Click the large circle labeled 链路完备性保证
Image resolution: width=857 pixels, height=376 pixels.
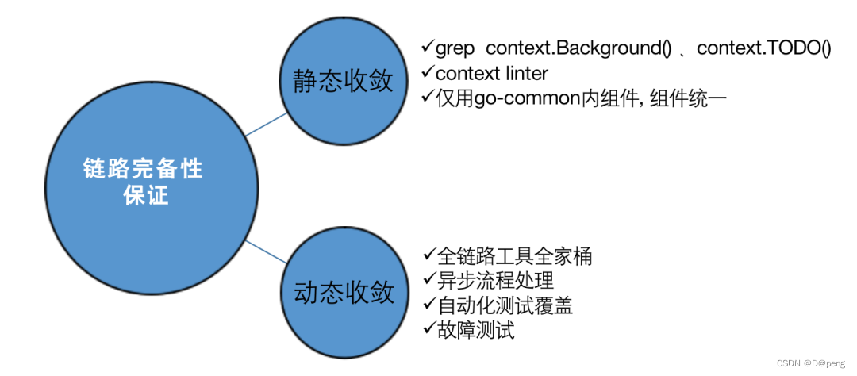[143, 182]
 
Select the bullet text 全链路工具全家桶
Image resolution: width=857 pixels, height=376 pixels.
[513, 255]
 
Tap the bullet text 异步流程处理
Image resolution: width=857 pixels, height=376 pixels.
[494, 280]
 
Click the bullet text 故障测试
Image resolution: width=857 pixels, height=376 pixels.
[475, 330]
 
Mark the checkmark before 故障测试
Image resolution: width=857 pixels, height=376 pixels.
[428, 329]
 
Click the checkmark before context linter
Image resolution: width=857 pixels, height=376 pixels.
[428, 73]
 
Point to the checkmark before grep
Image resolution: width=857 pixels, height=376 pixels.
[428, 48]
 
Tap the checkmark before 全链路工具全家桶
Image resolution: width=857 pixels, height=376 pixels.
[428, 255]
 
